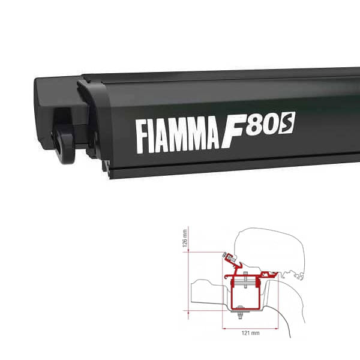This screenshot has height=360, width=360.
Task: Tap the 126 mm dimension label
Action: coord(185,241)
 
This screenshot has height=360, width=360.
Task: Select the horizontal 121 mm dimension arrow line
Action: coord(246,327)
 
